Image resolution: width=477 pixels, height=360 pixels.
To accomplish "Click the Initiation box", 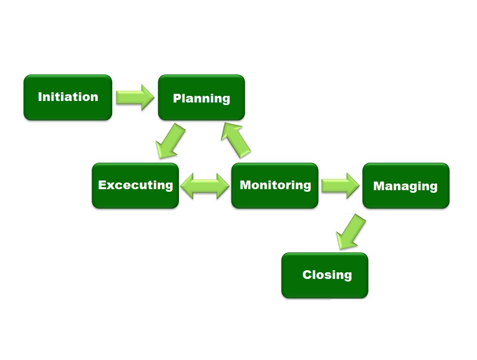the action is click(68, 97).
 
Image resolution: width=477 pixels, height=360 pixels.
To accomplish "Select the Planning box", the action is click(201, 97).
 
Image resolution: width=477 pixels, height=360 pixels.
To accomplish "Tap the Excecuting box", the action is click(136, 186).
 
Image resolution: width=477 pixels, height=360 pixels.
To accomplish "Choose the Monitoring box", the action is click(275, 186).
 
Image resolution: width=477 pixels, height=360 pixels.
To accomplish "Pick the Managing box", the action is click(406, 186).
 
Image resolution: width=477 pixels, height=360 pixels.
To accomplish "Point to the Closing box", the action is click(325, 275).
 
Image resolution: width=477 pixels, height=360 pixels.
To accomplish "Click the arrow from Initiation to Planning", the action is click(135, 97).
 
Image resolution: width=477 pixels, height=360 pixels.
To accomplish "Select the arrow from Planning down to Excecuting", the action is click(170, 141).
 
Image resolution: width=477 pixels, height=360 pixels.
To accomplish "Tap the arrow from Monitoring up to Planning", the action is click(236, 140).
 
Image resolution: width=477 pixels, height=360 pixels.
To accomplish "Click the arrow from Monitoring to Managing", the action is click(340, 186).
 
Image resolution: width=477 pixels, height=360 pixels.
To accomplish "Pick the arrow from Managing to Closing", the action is click(351, 232).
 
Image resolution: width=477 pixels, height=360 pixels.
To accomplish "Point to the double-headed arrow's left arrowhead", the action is click(187, 186).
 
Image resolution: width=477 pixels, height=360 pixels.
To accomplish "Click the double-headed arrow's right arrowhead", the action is click(223, 186).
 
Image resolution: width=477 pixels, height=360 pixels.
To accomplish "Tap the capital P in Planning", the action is click(177, 98).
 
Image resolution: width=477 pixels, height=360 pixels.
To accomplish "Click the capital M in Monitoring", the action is click(246, 185).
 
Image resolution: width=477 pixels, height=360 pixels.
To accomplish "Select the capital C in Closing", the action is click(307, 274).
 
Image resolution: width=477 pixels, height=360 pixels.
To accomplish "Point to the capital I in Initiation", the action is click(40, 97).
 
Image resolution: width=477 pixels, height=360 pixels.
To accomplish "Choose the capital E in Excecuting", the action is click(102, 185).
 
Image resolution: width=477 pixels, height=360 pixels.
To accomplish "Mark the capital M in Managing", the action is click(379, 186).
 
